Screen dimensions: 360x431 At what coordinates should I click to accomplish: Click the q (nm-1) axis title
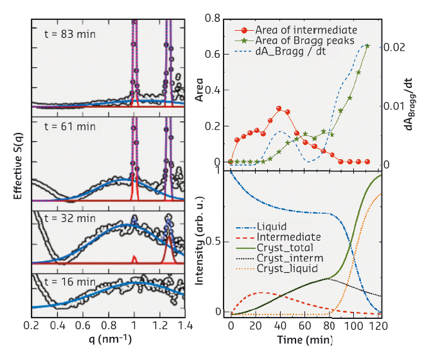[x=105, y=339]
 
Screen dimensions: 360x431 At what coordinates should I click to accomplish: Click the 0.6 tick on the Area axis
[x=215, y=54]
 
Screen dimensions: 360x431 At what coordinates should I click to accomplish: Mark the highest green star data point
[x=367, y=46]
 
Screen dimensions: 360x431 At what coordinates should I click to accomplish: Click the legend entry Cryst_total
[x=285, y=248]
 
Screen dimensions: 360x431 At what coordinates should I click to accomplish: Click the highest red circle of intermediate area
[x=279, y=109]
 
